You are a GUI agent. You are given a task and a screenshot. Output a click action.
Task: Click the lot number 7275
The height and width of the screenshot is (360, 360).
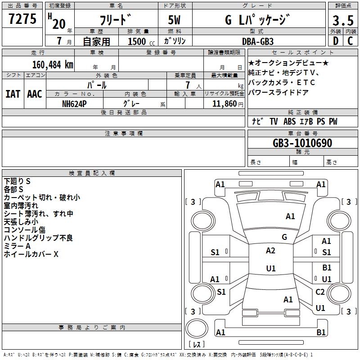tap(22, 19)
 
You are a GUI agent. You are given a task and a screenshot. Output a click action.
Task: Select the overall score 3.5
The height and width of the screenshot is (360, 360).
tap(343, 20)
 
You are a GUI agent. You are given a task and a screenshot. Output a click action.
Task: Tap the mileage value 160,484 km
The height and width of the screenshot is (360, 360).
tap(53, 65)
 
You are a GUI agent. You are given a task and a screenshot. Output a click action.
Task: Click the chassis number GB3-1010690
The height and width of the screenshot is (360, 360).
tap(302, 143)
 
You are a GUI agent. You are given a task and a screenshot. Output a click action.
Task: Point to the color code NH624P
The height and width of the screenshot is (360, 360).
tap(74, 104)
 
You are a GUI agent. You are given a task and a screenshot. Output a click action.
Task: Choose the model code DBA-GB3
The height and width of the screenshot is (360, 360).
tap(258, 41)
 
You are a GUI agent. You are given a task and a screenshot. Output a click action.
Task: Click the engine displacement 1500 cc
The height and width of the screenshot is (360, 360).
tap(141, 41)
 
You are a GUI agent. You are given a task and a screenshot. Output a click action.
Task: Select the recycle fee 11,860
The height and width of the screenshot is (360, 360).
tap(225, 104)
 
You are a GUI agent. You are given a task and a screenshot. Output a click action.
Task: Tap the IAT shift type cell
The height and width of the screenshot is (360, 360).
tap(13, 94)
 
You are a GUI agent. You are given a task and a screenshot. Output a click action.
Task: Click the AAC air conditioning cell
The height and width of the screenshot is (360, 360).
tap(35, 94)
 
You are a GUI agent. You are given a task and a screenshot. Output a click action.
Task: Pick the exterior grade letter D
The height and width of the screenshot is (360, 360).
tap(336, 41)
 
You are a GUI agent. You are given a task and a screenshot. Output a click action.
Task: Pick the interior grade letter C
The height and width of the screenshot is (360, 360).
tap(350, 41)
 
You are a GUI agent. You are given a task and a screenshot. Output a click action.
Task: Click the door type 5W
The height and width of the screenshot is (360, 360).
tap(174, 20)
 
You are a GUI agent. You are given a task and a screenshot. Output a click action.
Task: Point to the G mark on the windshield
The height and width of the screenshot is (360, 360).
tap(284, 237)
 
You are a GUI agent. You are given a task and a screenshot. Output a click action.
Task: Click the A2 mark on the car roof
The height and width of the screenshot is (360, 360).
tap(270, 251)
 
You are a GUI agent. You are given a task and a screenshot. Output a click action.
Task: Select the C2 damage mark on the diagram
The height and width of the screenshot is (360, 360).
tap(320, 292)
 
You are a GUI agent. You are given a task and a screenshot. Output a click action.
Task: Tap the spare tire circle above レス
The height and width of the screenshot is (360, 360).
tap(197, 328)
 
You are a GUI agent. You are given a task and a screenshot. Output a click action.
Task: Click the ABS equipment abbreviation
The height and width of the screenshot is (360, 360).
tap(289, 121)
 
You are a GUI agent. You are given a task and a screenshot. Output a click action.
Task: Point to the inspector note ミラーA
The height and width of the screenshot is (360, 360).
tap(17, 246)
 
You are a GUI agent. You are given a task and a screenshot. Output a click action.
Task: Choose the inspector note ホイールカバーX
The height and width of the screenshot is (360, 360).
tap(31, 254)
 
